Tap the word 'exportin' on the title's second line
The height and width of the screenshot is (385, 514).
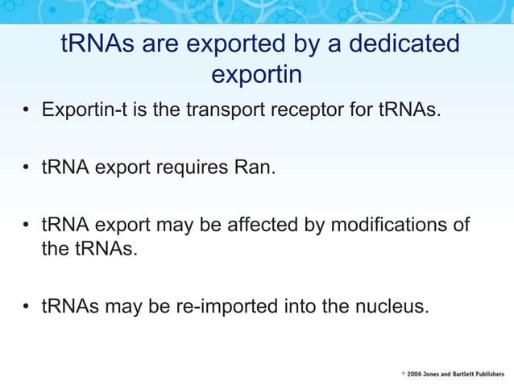[x=256, y=76]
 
